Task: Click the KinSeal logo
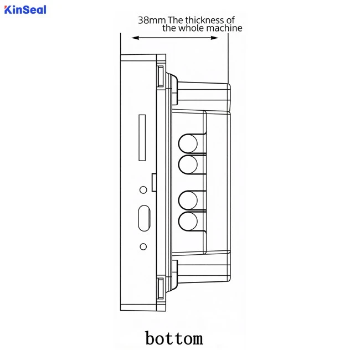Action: point(25,10)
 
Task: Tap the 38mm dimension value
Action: point(152,20)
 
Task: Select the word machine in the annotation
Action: point(224,28)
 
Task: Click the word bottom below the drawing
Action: point(174,338)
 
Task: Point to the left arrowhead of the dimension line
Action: point(136,38)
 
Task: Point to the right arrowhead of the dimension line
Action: point(214,38)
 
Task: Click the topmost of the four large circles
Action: point(188,144)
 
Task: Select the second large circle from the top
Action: point(188,164)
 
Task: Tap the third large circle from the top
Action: point(188,200)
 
